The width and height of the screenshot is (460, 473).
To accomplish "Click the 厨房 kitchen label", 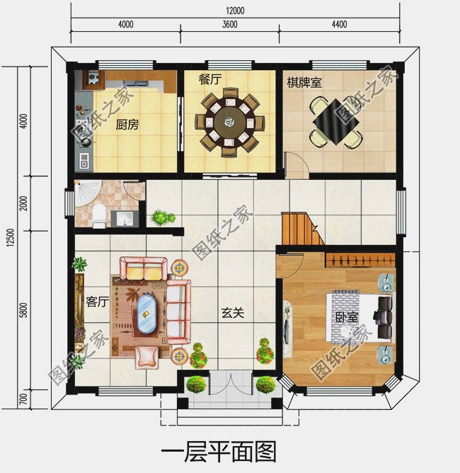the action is click(x=127, y=125).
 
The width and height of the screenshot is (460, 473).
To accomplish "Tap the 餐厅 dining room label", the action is click(x=209, y=79).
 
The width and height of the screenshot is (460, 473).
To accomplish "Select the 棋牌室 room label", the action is click(x=304, y=82).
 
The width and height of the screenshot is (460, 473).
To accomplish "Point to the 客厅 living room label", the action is click(x=98, y=302).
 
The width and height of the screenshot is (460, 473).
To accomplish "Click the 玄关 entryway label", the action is click(x=232, y=313).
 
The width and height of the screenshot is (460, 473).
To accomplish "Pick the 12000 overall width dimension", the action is click(x=235, y=11).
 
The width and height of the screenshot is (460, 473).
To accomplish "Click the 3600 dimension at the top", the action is click(x=230, y=24).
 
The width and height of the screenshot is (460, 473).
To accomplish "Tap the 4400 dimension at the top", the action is click(x=340, y=24).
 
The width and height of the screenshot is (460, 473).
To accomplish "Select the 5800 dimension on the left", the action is click(x=23, y=310).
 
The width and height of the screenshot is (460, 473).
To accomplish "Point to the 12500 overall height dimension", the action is click(x=11, y=238).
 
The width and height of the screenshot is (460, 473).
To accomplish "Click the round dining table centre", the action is click(x=230, y=122).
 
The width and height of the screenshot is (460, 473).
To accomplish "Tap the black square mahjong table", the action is click(x=336, y=122).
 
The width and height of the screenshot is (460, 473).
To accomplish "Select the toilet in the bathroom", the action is click(x=99, y=216).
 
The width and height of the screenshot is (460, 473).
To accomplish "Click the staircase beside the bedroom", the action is click(x=302, y=229).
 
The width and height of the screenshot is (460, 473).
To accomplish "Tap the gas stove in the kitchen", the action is click(x=93, y=78).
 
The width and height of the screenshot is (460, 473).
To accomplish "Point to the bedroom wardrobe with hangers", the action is click(x=360, y=260).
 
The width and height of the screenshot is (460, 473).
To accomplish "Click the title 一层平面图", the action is click(x=219, y=452).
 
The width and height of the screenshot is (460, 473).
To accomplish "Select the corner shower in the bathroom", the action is click(x=88, y=193).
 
